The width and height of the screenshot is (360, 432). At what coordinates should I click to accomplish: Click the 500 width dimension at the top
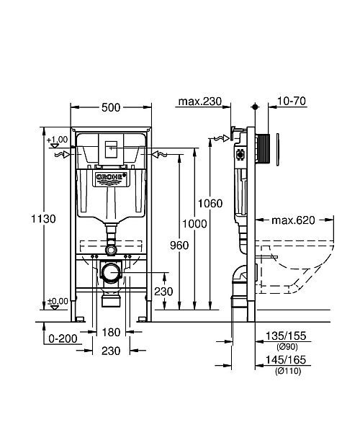click(111, 107)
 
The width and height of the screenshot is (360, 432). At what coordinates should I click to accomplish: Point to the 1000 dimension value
click(195, 224)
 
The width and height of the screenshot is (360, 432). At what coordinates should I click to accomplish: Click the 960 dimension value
click(179, 246)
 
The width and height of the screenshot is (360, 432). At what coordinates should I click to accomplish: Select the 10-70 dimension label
click(292, 102)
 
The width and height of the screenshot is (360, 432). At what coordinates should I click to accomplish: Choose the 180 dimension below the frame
click(110, 333)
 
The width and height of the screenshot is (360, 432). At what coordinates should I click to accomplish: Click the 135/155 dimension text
click(286, 335)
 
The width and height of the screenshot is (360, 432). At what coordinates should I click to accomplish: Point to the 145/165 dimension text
click(286, 359)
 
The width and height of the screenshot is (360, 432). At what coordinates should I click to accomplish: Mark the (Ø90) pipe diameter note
click(286, 346)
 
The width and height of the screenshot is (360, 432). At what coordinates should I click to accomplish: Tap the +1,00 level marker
click(59, 139)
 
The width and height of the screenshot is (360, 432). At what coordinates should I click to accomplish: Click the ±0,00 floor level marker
click(58, 301)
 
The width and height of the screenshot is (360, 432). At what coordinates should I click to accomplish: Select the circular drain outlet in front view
click(110, 274)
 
